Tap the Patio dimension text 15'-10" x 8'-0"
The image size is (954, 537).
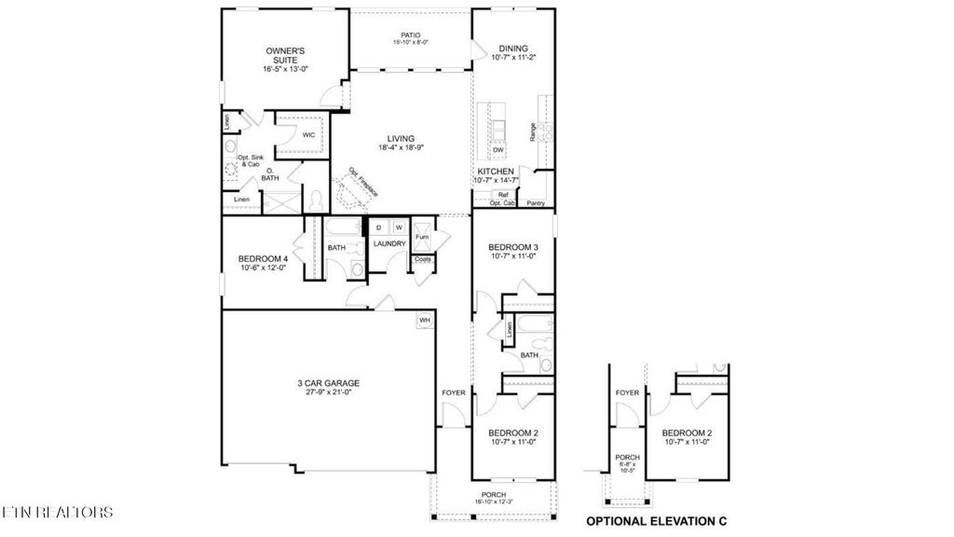coord(410,41)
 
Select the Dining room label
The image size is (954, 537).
coord(513,48)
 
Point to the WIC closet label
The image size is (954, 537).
coord(308,134)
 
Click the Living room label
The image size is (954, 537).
coord(396,139)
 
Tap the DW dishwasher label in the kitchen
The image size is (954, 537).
coord(497,150)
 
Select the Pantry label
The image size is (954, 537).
coord(535,202)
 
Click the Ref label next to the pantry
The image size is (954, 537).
coord(503,194)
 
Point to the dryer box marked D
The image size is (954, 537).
coord(379,227)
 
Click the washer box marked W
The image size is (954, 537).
coord(398,227)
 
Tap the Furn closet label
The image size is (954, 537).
coord(422,237)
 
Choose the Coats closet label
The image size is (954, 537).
coord(422,259)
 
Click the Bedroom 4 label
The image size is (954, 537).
coord(257,258)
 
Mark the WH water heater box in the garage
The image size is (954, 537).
coord(424,320)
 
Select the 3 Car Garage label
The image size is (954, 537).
coord(327,382)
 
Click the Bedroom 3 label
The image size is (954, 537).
coord(513,247)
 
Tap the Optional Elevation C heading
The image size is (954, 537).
coord(655,520)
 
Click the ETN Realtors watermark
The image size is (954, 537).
coord(58,512)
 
